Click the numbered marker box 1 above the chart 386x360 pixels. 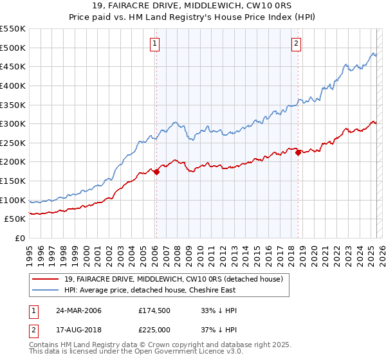[156, 44]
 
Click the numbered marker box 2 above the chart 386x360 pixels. [296, 44]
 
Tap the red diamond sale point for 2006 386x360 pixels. [156, 172]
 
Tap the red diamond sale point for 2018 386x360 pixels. [298, 152]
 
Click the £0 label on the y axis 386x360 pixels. [21, 238]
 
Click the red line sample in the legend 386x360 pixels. [46, 279]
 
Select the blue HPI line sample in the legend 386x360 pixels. [46, 290]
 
